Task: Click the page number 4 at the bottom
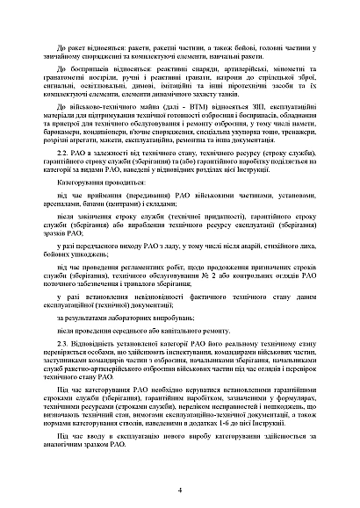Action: (x=180, y=490)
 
